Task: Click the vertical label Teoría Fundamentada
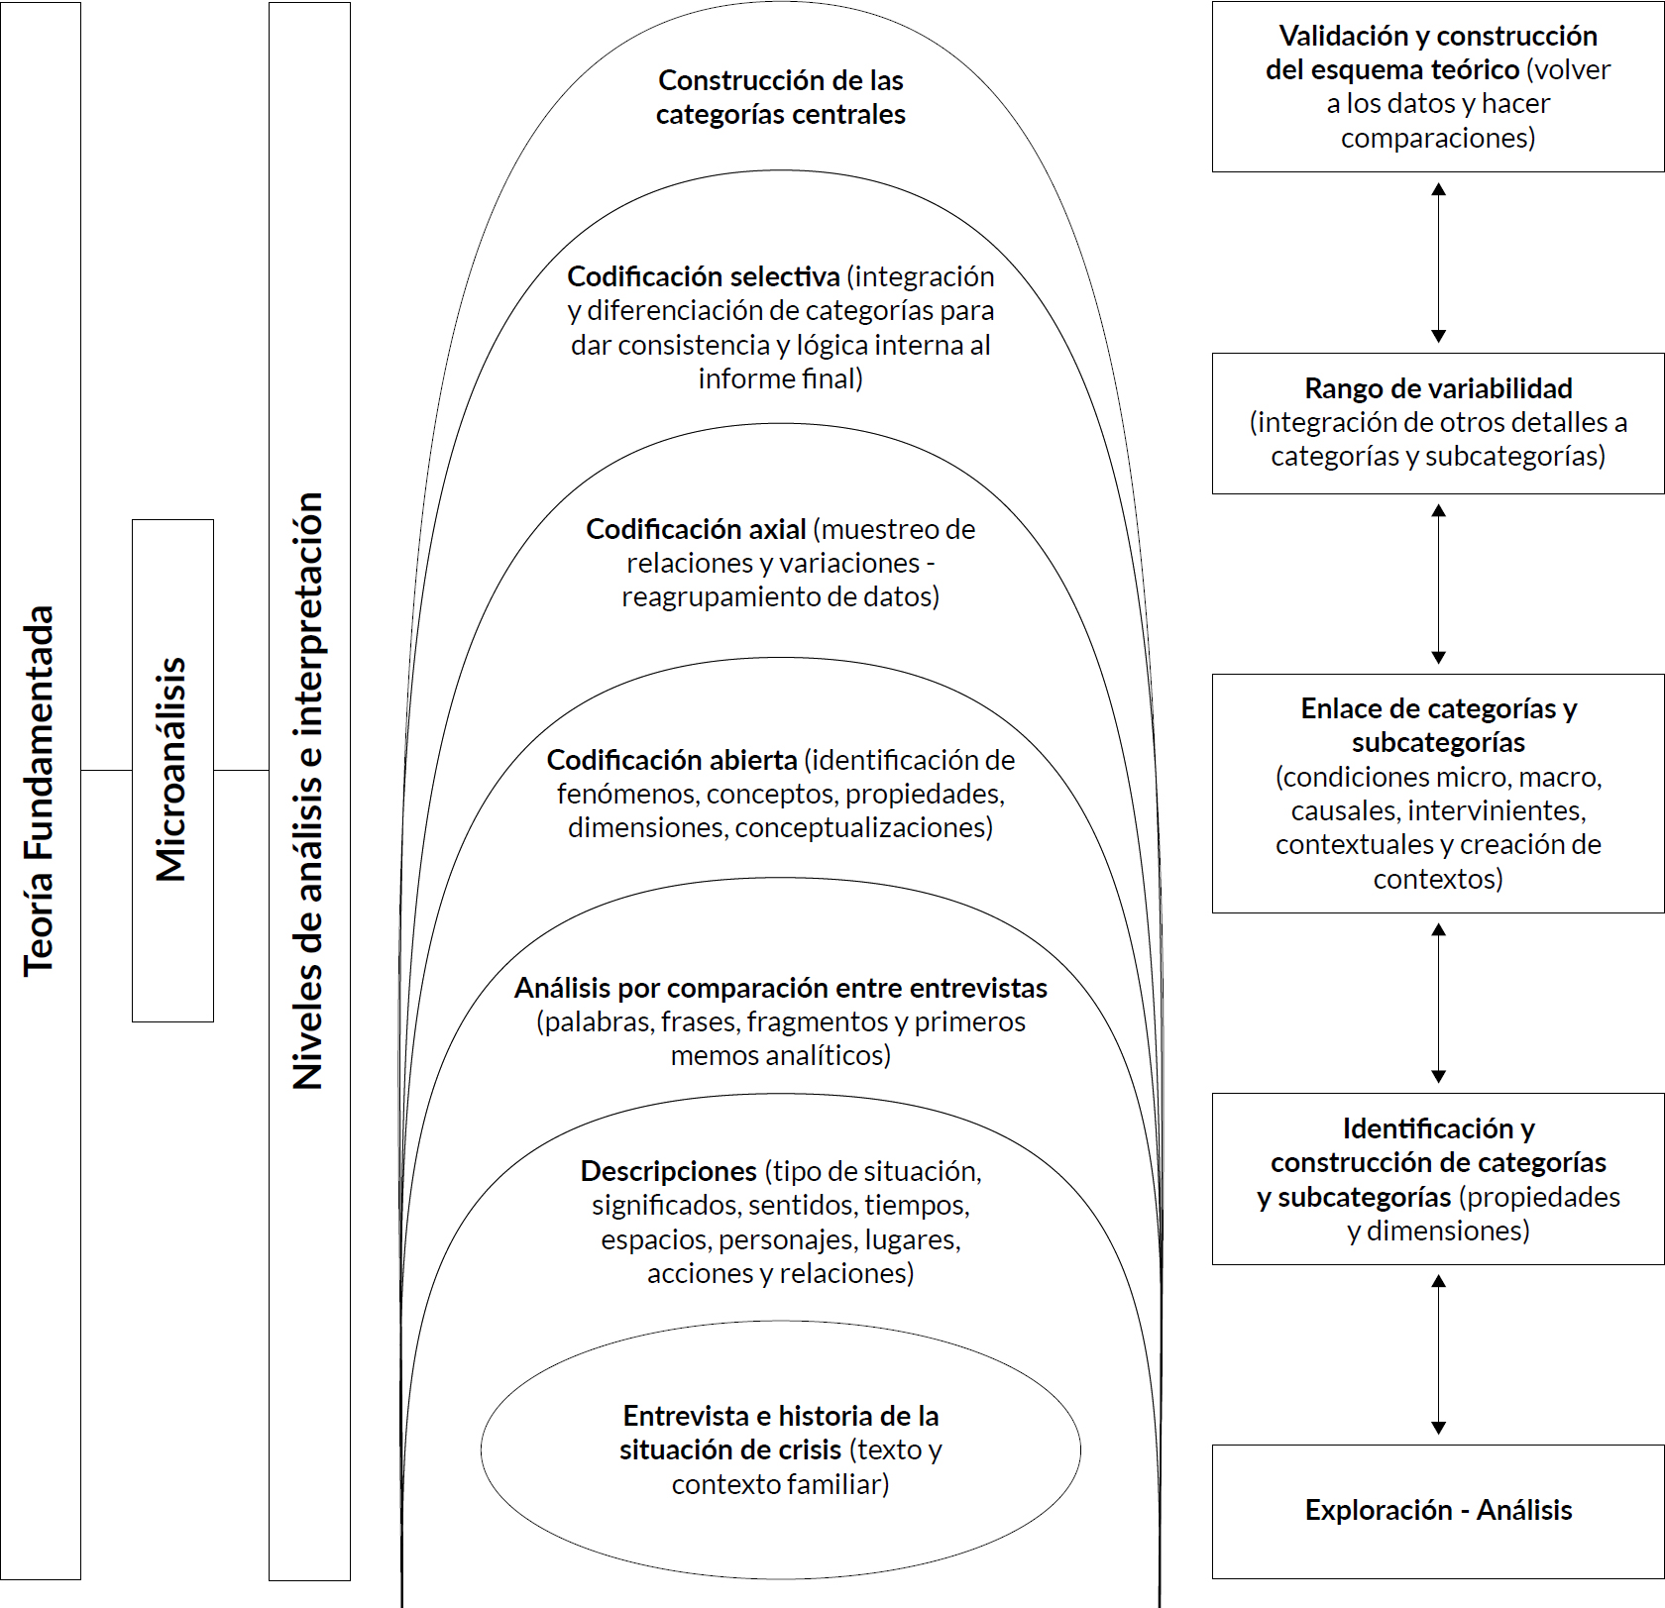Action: click(x=39, y=791)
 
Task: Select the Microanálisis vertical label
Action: click(x=171, y=770)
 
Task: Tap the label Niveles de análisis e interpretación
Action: click(x=308, y=791)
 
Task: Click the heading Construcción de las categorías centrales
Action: click(x=781, y=97)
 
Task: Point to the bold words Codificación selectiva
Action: click(x=704, y=276)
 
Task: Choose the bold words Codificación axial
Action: click(x=696, y=529)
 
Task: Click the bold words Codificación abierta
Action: click(x=672, y=760)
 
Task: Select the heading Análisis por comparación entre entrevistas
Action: click(x=781, y=988)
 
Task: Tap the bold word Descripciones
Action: click(x=669, y=1171)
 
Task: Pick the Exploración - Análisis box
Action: click(x=1438, y=1512)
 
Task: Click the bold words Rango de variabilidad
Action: click(x=1438, y=388)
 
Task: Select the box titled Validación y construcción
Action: click(x=1438, y=87)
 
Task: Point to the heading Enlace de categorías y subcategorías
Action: click(x=1438, y=725)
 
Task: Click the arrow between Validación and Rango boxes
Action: click(x=1439, y=263)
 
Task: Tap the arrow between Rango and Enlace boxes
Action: click(x=1439, y=585)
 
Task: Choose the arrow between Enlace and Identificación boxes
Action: click(x=1439, y=1004)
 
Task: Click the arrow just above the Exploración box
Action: click(x=1439, y=1354)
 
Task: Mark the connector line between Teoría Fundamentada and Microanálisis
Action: click(x=106, y=770)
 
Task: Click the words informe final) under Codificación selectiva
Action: click(x=781, y=378)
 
